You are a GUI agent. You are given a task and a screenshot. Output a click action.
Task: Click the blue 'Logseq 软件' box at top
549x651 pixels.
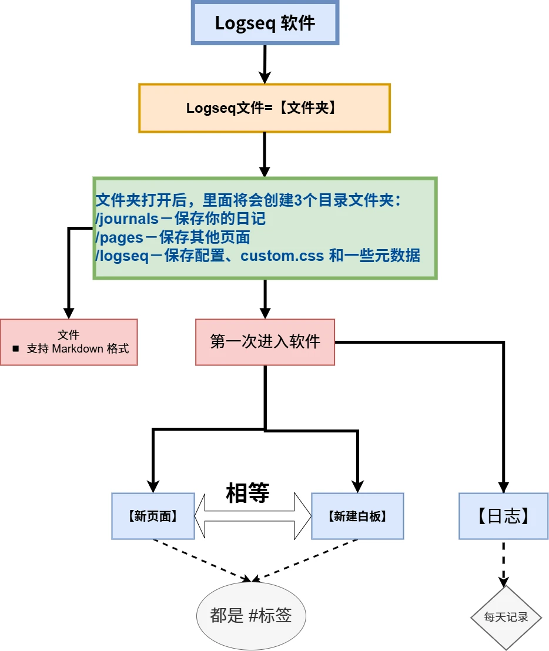click(x=265, y=23)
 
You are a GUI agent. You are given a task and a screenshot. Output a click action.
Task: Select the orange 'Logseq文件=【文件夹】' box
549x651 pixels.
click(x=264, y=108)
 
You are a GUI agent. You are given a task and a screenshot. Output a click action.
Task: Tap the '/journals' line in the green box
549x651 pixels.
click(x=180, y=219)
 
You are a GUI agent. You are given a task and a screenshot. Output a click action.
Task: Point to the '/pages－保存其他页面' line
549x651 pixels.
click(x=173, y=237)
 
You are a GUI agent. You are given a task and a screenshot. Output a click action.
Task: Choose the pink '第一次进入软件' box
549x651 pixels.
click(x=265, y=342)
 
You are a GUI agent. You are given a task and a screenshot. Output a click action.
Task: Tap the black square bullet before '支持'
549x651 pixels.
click(x=16, y=348)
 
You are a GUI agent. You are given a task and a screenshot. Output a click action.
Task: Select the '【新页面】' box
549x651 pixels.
click(x=153, y=516)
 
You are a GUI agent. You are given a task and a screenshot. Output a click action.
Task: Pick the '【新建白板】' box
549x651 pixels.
click(x=357, y=516)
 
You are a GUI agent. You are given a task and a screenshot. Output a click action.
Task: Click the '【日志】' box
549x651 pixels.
click(x=503, y=516)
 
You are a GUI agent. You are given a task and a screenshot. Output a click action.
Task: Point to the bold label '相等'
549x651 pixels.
click(x=247, y=494)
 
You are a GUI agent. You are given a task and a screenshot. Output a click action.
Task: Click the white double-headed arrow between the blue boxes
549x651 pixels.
click(x=253, y=516)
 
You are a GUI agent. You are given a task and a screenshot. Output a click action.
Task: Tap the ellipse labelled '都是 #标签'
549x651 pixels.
click(x=251, y=615)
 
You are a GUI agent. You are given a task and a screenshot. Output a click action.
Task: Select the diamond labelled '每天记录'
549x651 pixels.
click(x=506, y=617)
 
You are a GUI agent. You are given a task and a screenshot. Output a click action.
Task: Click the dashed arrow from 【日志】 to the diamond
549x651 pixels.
click(x=503, y=561)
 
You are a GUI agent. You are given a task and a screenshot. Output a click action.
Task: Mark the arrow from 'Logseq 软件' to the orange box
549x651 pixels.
click(x=265, y=63)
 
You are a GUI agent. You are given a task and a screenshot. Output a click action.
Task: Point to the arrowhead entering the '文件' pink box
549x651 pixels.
click(x=69, y=313)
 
